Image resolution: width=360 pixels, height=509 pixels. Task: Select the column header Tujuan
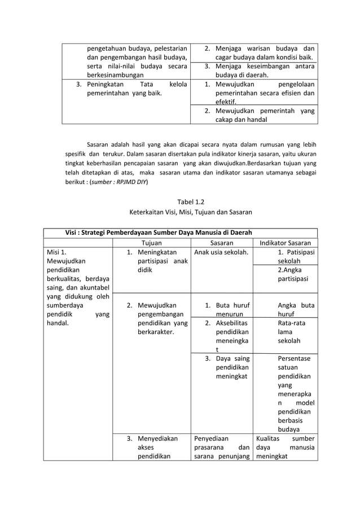[x=151, y=243]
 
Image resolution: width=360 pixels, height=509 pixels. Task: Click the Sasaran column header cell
[x=222, y=243]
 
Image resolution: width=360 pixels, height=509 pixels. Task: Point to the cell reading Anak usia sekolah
[x=221, y=252]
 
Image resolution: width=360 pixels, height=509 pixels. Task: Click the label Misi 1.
[x=56, y=252]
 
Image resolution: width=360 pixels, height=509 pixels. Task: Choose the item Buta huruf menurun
[x=229, y=310]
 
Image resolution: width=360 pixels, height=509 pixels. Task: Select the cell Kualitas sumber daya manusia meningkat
[x=285, y=447]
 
